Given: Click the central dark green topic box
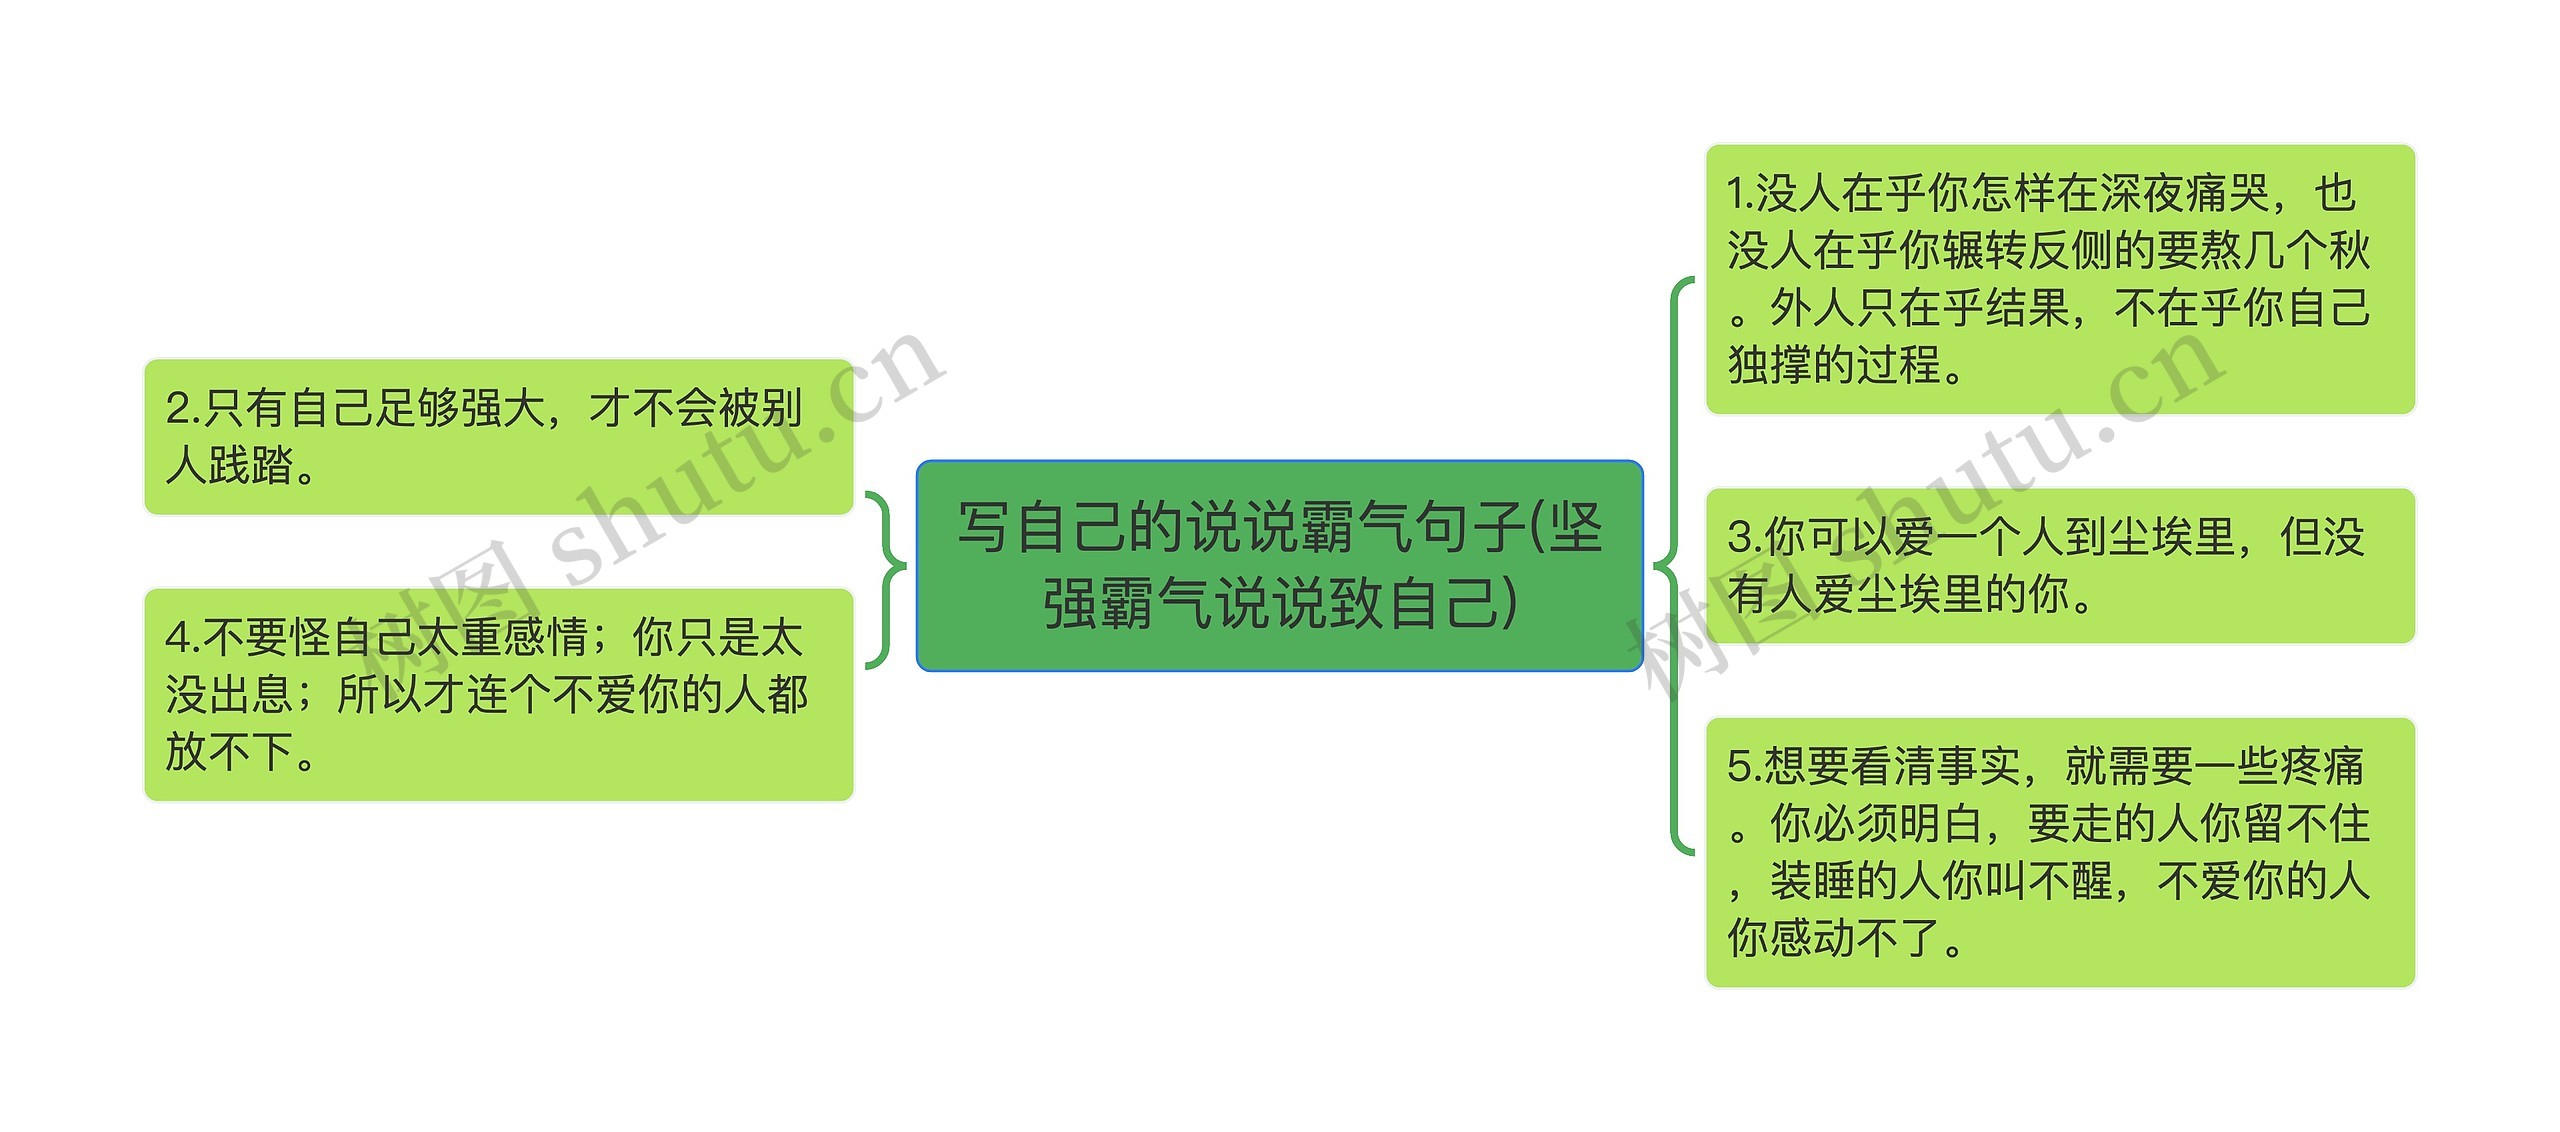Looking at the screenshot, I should (1279, 565).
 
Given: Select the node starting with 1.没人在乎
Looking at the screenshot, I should (2059, 279).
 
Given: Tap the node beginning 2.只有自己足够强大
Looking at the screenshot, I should (498, 437).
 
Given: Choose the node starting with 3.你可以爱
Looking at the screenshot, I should (2059, 566).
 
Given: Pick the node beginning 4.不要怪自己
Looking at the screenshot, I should (498, 694).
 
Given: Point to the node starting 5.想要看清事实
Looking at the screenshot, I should (2059, 852).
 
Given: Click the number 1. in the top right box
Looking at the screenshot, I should (1740, 194).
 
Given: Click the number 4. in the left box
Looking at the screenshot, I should (183, 638).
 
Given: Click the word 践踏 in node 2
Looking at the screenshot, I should (251, 466).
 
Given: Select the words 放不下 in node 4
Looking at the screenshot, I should (230, 752).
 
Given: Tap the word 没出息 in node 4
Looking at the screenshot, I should (228, 695).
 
